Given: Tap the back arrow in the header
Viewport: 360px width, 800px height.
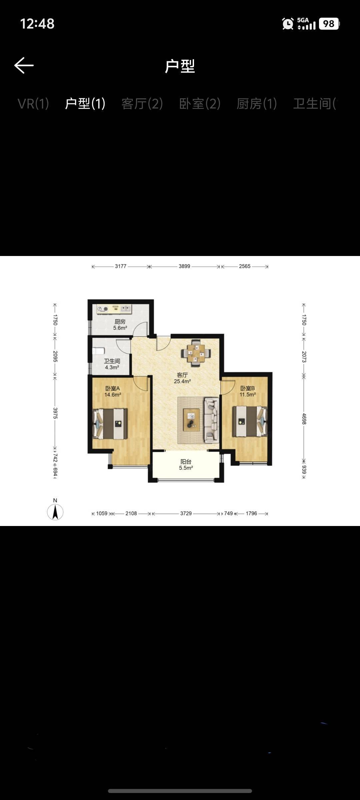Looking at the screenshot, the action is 24,65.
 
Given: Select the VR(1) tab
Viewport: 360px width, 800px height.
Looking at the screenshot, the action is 33,104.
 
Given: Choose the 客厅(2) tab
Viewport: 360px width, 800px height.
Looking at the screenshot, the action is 142,104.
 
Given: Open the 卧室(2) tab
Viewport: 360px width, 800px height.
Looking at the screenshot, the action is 200,104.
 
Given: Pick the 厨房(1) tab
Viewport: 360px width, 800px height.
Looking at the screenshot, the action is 257,104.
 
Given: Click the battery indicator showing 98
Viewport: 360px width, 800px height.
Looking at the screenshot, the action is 329,24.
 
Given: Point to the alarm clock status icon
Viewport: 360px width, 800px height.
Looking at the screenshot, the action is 288,24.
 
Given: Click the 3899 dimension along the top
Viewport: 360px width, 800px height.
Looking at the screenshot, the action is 184,266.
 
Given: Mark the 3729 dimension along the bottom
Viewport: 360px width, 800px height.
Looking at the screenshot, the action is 186,513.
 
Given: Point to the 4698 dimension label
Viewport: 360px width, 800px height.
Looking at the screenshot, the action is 304,419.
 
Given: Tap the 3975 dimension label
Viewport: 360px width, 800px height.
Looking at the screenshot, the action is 55,413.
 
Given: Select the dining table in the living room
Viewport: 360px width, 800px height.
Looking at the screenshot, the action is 196,353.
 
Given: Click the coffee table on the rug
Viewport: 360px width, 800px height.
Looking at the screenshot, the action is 191,420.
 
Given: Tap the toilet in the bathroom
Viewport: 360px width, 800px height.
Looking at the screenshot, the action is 99,351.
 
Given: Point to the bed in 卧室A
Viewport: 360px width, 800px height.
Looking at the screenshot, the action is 110,423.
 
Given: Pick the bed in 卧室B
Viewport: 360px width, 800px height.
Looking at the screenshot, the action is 250,421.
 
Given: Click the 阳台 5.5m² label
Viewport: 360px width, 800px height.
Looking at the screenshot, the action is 186,465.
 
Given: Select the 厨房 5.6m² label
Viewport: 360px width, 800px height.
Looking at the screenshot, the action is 120,325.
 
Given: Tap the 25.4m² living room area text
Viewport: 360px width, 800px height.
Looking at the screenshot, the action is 182,381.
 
